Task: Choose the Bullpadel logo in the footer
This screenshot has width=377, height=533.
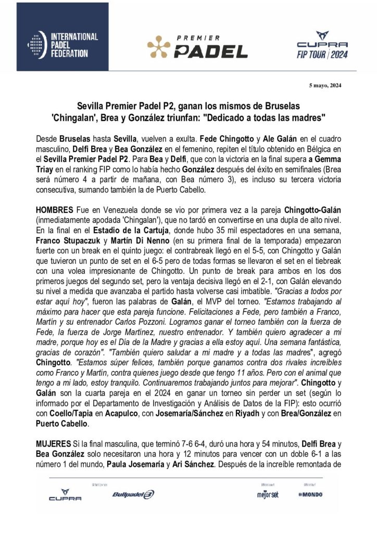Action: point(133,509)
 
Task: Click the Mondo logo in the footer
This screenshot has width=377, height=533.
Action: point(310,509)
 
